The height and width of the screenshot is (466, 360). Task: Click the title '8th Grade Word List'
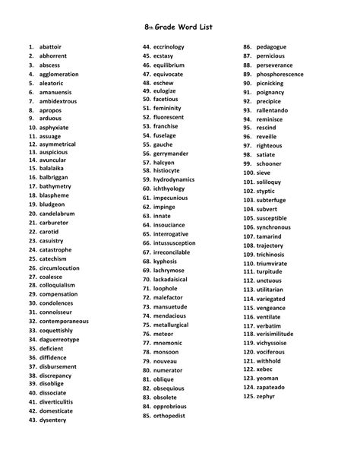180,27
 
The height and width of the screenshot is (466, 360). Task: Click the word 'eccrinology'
169,47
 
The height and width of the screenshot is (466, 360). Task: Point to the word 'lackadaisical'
174,279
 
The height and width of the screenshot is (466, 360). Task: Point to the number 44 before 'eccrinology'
147,47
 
